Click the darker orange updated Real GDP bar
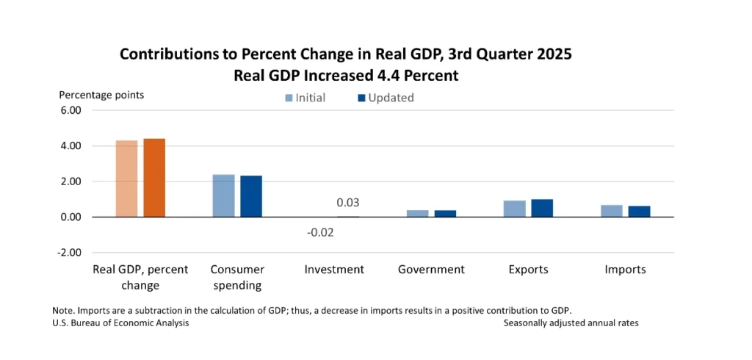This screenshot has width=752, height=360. click(154, 178)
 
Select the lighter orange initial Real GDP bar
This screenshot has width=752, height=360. click(126, 179)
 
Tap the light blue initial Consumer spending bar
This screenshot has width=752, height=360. click(223, 195)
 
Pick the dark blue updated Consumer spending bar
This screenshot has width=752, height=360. click(251, 196)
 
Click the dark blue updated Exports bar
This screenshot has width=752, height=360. click(542, 208)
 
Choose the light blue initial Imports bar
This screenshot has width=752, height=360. click(611, 211)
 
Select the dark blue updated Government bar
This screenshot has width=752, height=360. click(445, 213)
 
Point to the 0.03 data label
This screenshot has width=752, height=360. click(348, 203)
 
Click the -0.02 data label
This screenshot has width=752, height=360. click(320, 232)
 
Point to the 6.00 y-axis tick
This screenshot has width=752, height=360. click(70, 110)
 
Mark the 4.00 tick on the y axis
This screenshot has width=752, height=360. click(70, 146)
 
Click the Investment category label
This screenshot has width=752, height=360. click(334, 269)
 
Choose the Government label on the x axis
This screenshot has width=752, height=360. click(431, 269)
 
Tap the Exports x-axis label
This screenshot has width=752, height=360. click(528, 269)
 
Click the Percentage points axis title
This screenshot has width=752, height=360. click(101, 95)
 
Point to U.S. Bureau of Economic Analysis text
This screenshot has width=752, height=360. click(120, 323)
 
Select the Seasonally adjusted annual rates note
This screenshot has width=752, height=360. click(571, 323)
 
